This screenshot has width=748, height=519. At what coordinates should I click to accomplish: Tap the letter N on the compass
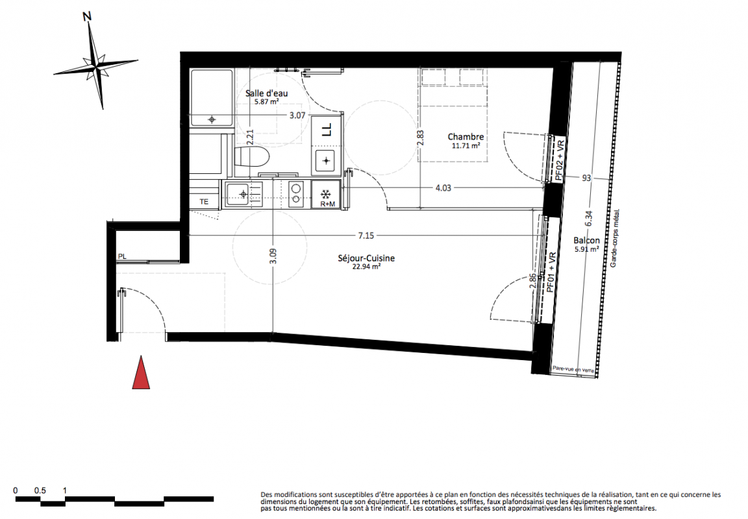tap(87, 17)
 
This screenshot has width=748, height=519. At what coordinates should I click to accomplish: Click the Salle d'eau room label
tap(267, 93)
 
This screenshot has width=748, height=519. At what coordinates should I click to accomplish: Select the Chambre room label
tap(466, 137)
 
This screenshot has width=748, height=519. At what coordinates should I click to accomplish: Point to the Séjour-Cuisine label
tap(366, 258)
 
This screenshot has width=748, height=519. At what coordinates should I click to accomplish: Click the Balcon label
tap(587, 241)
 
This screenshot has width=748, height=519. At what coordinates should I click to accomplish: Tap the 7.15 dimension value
tap(366, 235)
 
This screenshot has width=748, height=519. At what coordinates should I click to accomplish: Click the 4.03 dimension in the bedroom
tap(443, 187)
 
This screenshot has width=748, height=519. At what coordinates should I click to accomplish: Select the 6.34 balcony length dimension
tap(589, 218)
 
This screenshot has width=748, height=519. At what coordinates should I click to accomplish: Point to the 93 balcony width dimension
tap(586, 178)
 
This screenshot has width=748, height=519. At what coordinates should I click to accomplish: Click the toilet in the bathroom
tap(251, 157)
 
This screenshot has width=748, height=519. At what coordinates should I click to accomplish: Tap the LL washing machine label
tap(327, 130)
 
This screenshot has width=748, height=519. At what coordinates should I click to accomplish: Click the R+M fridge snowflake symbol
tap(327, 195)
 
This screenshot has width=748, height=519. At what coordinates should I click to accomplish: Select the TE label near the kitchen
tap(204, 202)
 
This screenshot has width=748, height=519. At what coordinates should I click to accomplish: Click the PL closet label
tap(122, 256)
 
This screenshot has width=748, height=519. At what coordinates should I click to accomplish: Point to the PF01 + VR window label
tap(551, 272)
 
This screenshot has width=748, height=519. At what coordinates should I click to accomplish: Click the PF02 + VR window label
tap(560, 160)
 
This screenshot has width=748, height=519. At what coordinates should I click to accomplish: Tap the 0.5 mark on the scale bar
tap(40, 490)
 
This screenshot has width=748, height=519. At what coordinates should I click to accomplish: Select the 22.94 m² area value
tap(366, 267)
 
